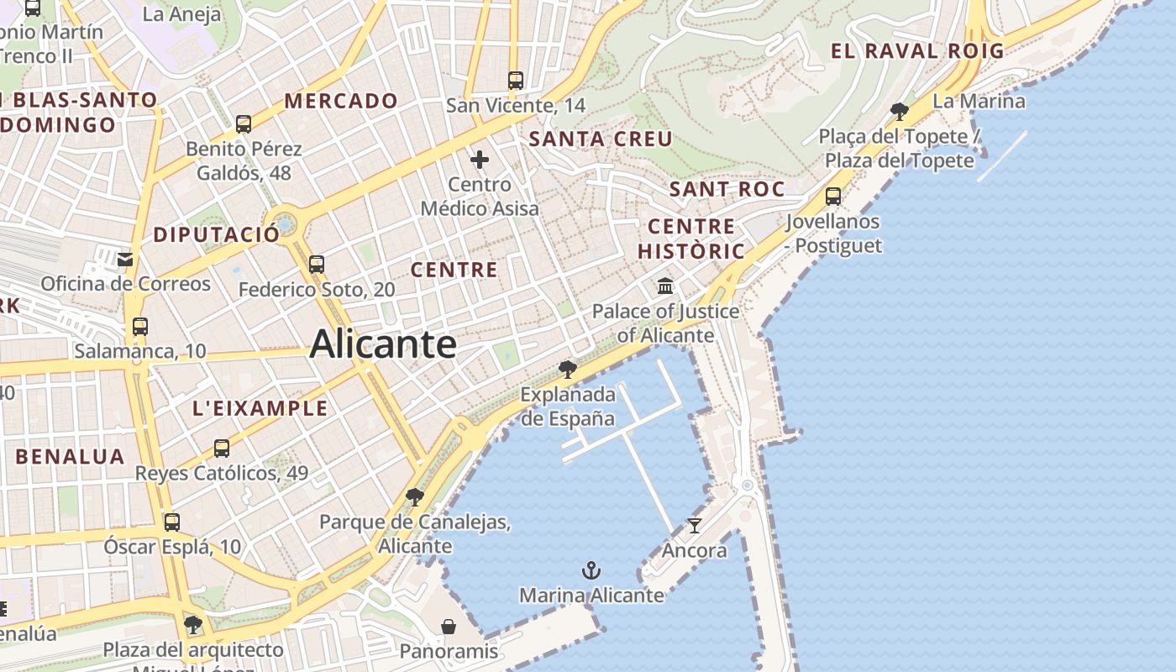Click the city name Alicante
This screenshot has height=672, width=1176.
(383, 344)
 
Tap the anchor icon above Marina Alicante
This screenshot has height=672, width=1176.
(591, 571)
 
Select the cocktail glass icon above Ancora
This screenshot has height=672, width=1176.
(694, 526)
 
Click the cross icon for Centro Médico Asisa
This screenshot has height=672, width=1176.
(480, 159)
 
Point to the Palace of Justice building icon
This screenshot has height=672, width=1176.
(666, 286)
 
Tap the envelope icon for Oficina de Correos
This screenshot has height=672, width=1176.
(125, 259)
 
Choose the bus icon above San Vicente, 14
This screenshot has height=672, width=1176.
(516, 81)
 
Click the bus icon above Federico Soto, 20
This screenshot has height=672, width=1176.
(317, 264)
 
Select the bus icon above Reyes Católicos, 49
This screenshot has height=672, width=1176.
(222, 449)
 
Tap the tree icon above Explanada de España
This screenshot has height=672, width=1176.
(568, 369)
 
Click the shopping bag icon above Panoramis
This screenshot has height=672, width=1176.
(449, 627)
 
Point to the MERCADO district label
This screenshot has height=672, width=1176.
(341, 101)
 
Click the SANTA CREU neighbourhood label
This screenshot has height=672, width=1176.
(601, 139)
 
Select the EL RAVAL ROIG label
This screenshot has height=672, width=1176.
(917, 50)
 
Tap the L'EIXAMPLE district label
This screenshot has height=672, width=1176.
(260, 409)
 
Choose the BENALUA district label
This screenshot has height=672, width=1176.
(70, 457)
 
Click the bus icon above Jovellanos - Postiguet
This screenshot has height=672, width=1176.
(833, 197)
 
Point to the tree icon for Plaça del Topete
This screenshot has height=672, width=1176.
(899, 111)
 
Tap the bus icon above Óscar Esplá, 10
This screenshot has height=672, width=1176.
(172, 522)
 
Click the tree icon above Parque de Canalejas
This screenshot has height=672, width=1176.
(414, 496)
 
